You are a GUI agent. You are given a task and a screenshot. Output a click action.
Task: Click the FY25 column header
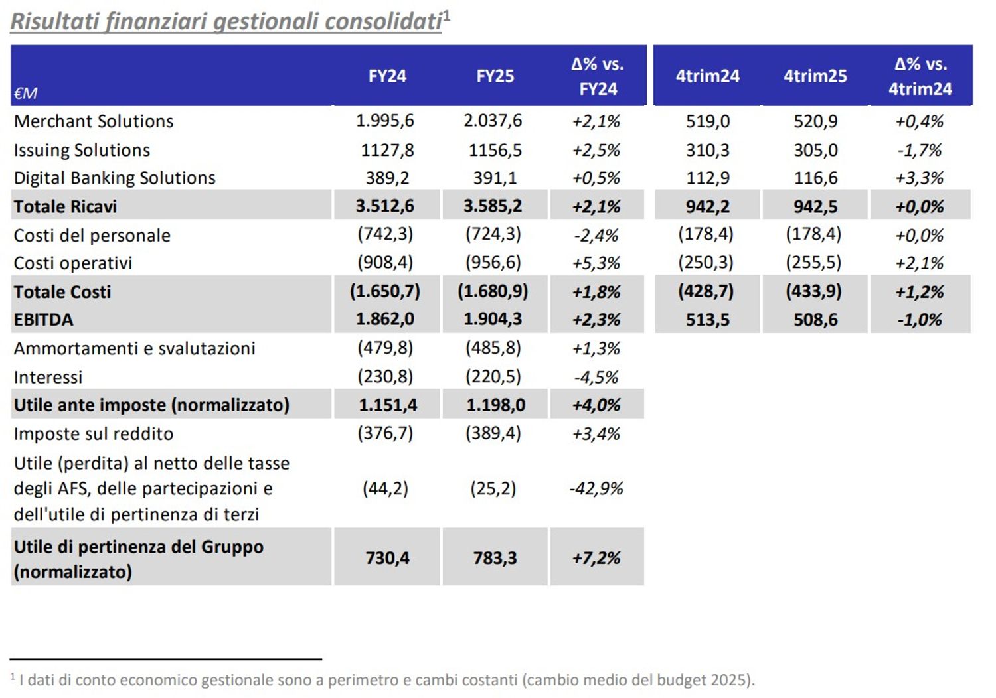(x=495, y=76)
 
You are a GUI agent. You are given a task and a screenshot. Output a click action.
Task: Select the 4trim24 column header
(x=707, y=76)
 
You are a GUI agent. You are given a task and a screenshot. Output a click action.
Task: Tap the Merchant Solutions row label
(x=94, y=121)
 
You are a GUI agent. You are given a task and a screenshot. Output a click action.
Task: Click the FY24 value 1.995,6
(x=384, y=121)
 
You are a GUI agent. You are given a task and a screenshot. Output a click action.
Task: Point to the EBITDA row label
(x=44, y=320)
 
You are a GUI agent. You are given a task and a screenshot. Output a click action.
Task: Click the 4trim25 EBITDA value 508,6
(x=815, y=320)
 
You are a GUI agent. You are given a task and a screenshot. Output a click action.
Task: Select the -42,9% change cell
(x=596, y=489)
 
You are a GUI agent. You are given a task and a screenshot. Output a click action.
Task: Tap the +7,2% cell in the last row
(x=596, y=558)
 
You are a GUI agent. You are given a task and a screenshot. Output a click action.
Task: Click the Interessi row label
(x=48, y=377)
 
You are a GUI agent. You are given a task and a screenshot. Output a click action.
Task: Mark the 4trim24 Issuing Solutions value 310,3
(x=707, y=150)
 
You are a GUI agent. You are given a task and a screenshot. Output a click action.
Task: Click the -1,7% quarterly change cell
(x=920, y=150)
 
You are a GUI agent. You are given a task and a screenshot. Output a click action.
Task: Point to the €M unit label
(x=25, y=94)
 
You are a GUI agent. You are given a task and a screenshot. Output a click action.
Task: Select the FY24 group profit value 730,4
(x=387, y=558)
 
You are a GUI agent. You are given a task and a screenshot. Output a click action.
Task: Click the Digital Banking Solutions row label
(x=115, y=178)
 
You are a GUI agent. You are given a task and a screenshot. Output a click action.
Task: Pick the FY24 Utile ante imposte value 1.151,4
(x=388, y=405)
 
